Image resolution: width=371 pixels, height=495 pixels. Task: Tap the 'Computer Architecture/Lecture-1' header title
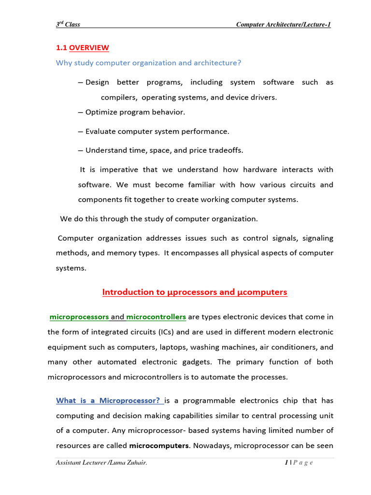tap(283, 25)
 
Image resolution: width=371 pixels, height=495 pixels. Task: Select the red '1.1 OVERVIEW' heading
tap(83, 48)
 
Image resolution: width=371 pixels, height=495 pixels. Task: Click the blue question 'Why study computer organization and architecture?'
tap(148, 63)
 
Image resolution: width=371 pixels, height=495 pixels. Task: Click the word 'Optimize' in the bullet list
tap(101, 112)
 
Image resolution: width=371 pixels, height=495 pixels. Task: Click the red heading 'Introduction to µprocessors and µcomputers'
tap(195, 292)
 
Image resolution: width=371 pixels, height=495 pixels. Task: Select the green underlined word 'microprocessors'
tap(79, 317)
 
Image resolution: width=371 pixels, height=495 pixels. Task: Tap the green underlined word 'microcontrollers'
tap(156, 317)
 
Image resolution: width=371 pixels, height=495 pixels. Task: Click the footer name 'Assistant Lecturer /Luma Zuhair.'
tap(101, 464)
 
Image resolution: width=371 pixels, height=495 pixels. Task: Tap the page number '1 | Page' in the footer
tap(299, 464)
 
